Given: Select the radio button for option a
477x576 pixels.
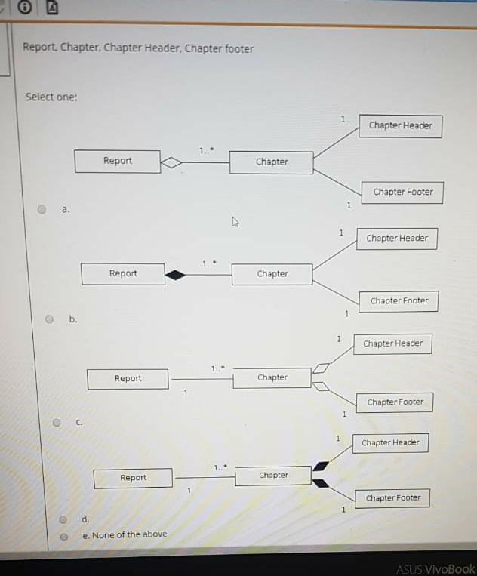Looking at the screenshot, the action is pos(42,209).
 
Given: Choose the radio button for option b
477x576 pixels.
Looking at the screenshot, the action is pos(49,319).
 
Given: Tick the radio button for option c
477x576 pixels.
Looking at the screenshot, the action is pos(57,423).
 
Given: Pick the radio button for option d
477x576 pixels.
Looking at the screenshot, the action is pos(63,519).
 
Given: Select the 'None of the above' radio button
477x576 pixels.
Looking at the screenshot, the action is pos(64,537).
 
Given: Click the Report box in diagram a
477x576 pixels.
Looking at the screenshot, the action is pos(118,162).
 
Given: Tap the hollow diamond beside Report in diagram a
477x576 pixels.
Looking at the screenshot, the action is pos(171,162).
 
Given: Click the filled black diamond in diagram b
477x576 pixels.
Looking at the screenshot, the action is pos(175,275).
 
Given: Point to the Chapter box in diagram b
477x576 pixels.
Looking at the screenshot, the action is pos(272,274).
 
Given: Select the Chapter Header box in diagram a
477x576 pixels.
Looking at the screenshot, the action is pos(401,126).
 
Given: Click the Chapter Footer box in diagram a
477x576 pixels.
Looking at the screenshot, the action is pos(402,193).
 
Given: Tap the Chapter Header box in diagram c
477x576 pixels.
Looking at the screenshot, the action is pos(393,343).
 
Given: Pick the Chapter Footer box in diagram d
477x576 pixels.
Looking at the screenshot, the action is pos(392,498).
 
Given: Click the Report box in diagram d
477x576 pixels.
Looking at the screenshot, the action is pos(133,478).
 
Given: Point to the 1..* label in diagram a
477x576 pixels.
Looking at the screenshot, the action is pos(207,150).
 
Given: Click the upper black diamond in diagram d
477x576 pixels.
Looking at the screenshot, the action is pos(321,466).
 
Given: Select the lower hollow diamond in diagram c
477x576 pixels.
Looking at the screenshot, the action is pos(321,386).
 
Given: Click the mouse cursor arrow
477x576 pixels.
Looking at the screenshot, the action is pos(235,222).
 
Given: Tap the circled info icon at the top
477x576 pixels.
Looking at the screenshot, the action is pos(25,7).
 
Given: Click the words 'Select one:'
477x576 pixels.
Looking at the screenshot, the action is pos(51,97).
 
